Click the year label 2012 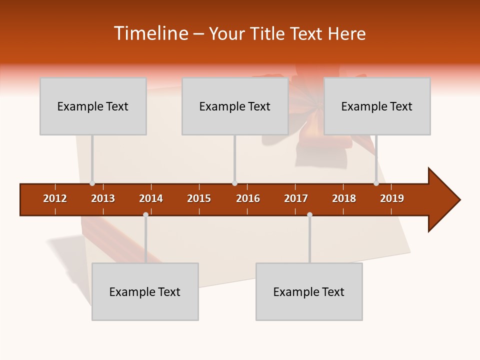click(55, 198)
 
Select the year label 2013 click(103, 198)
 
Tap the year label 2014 click(151, 198)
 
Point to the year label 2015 click(199, 198)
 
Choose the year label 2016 click(248, 198)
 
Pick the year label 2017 click(296, 198)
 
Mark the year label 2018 click(344, 198)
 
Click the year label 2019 click(392, 198)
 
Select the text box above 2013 click(93, 106)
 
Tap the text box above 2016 click(234, 106)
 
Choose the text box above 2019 click(377, 106)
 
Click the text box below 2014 click(145, 291)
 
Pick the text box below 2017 click(309, 291)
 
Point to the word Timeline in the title click(150, 33)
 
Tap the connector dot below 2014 click(145, 215)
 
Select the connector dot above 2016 click(234, 183)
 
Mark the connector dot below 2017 click(309, 215)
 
